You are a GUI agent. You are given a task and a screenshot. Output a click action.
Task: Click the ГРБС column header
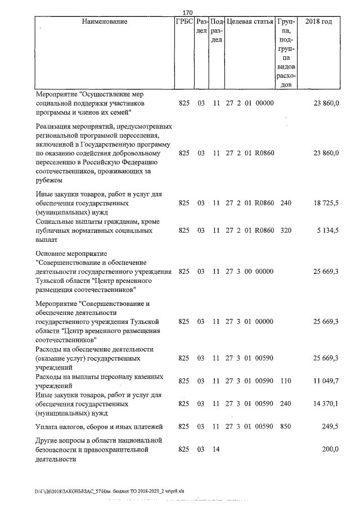click(184, 22)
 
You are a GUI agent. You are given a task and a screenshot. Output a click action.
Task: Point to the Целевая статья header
click(249, 22)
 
